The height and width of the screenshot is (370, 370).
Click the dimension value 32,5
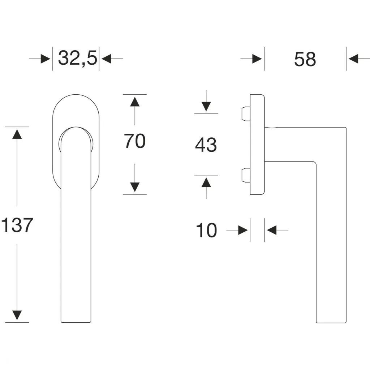click(78, 58)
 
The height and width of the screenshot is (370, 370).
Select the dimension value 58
click(305, 59)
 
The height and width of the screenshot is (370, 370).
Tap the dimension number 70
click(135, 141)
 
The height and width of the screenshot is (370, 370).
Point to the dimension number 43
click(206, 145)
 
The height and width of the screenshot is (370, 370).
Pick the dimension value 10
click(206, 230)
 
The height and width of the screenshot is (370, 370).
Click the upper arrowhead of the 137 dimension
click(17, 134)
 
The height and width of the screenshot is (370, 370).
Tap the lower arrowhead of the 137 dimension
click(17, 315)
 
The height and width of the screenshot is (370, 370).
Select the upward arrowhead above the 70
click(135, 102)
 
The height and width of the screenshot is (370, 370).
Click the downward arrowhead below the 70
click(135, 187)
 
